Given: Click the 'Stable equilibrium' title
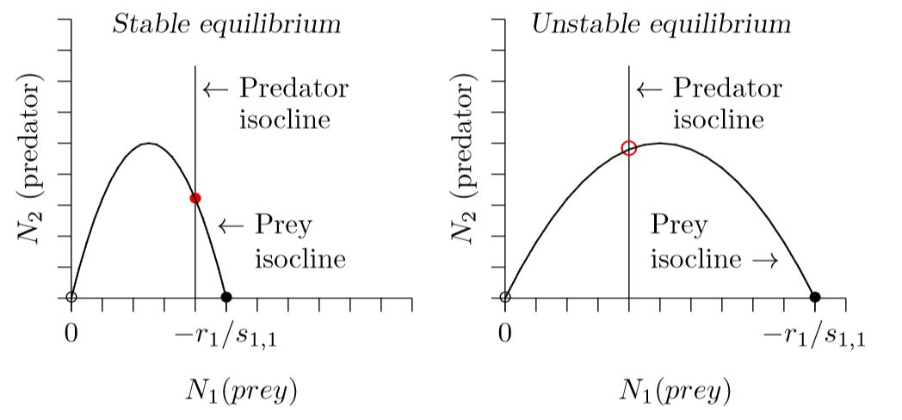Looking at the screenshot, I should (x=227, y=23).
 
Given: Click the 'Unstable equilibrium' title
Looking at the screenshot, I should (x=661, y=23).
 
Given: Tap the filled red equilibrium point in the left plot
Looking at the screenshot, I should (x=195, y=198).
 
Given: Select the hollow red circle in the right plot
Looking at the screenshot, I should (x=629, y=148).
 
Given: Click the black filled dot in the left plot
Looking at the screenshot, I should (x=226, y=298).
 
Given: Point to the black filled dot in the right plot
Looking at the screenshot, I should (x=815, y=298).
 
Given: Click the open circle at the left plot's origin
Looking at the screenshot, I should (x=71, y=298).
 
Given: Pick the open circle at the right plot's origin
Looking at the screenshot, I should (x=505, y=298).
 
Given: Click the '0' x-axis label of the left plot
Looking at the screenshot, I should (x=71, y=332).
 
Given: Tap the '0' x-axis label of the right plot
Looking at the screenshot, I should (x=505, y=332).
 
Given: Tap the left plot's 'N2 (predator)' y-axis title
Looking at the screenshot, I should (x=32, y=158).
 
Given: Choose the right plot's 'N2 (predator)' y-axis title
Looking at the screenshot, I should (x=466, y=158).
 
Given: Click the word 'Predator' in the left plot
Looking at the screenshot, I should (x=293, y=88).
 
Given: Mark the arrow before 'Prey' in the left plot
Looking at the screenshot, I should (x=232, y=226).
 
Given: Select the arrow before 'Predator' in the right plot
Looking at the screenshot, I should (x=649, y=89).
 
